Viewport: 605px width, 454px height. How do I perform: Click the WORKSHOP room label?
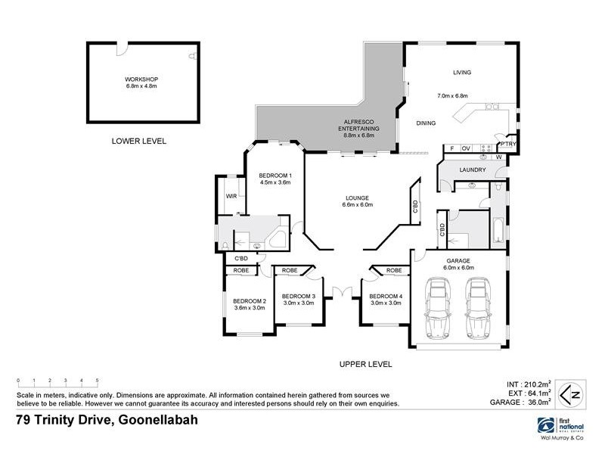(142, 79)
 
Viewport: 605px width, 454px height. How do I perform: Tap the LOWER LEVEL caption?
(138, 141)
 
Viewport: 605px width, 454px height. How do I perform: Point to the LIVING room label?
(461, 73)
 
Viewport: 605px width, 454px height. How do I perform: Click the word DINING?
(427, 123)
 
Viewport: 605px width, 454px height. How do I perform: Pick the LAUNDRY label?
(473, 169)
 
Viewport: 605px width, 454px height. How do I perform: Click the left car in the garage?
(439, 309)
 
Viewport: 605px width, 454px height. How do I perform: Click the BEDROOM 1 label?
(275, 176)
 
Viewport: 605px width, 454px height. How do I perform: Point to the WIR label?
(231, 197)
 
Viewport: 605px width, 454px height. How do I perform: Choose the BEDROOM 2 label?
(249, 300)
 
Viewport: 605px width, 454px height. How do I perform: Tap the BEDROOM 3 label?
(298, 296)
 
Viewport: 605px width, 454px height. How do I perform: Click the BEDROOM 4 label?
(386, 296)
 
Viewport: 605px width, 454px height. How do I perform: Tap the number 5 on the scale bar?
(97, 380)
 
